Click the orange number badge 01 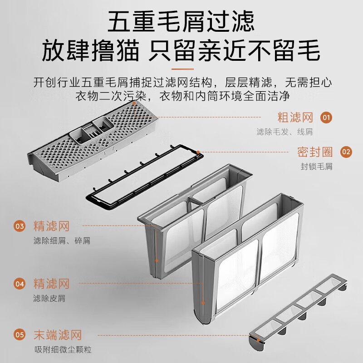326,118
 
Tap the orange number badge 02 346,152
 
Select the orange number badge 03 20,226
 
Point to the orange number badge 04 20,284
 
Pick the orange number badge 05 20,335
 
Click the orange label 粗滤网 295,118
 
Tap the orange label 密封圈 315,152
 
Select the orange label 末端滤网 58,335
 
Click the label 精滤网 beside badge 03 51,226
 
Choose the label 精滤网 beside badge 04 51,284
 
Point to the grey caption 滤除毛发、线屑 285,132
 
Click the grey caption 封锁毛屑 316,167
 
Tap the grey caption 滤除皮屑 49,298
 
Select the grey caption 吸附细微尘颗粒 63,349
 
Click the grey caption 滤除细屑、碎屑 62,241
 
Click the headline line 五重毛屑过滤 181,21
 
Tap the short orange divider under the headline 182,69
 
